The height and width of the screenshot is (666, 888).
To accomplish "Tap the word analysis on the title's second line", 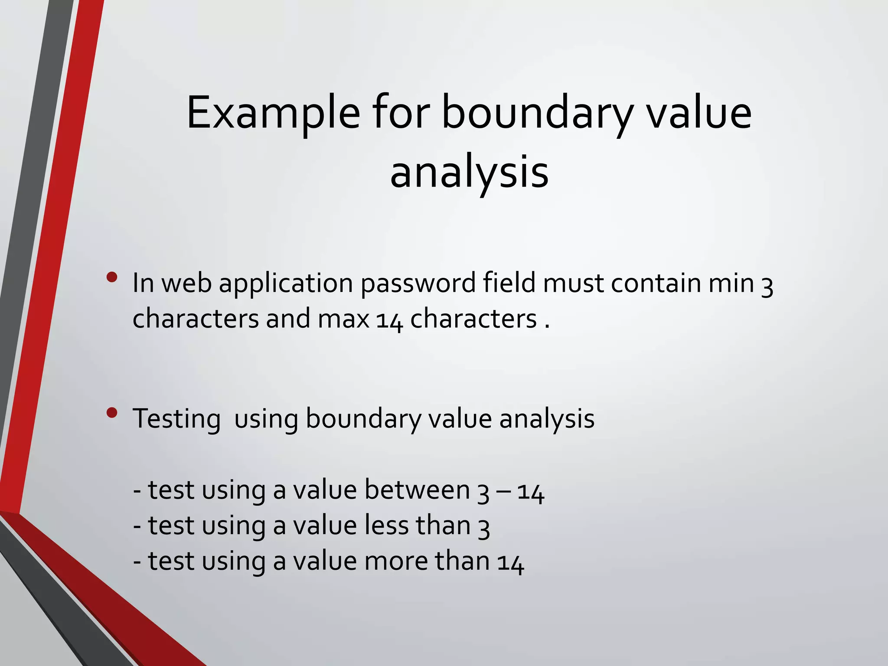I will coord(469,173).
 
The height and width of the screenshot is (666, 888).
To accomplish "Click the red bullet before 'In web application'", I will coord(112,277).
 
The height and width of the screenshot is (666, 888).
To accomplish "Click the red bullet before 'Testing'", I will coord(112,413).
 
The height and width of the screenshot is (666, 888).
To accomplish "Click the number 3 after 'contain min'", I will coord(767,286).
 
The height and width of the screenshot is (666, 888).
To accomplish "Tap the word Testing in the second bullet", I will coord(176,419).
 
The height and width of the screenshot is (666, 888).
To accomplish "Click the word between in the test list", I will coord(417,490).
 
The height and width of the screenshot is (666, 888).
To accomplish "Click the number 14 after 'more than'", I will coord(511,563).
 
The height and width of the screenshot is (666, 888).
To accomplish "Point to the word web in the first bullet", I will coord(186,284).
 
